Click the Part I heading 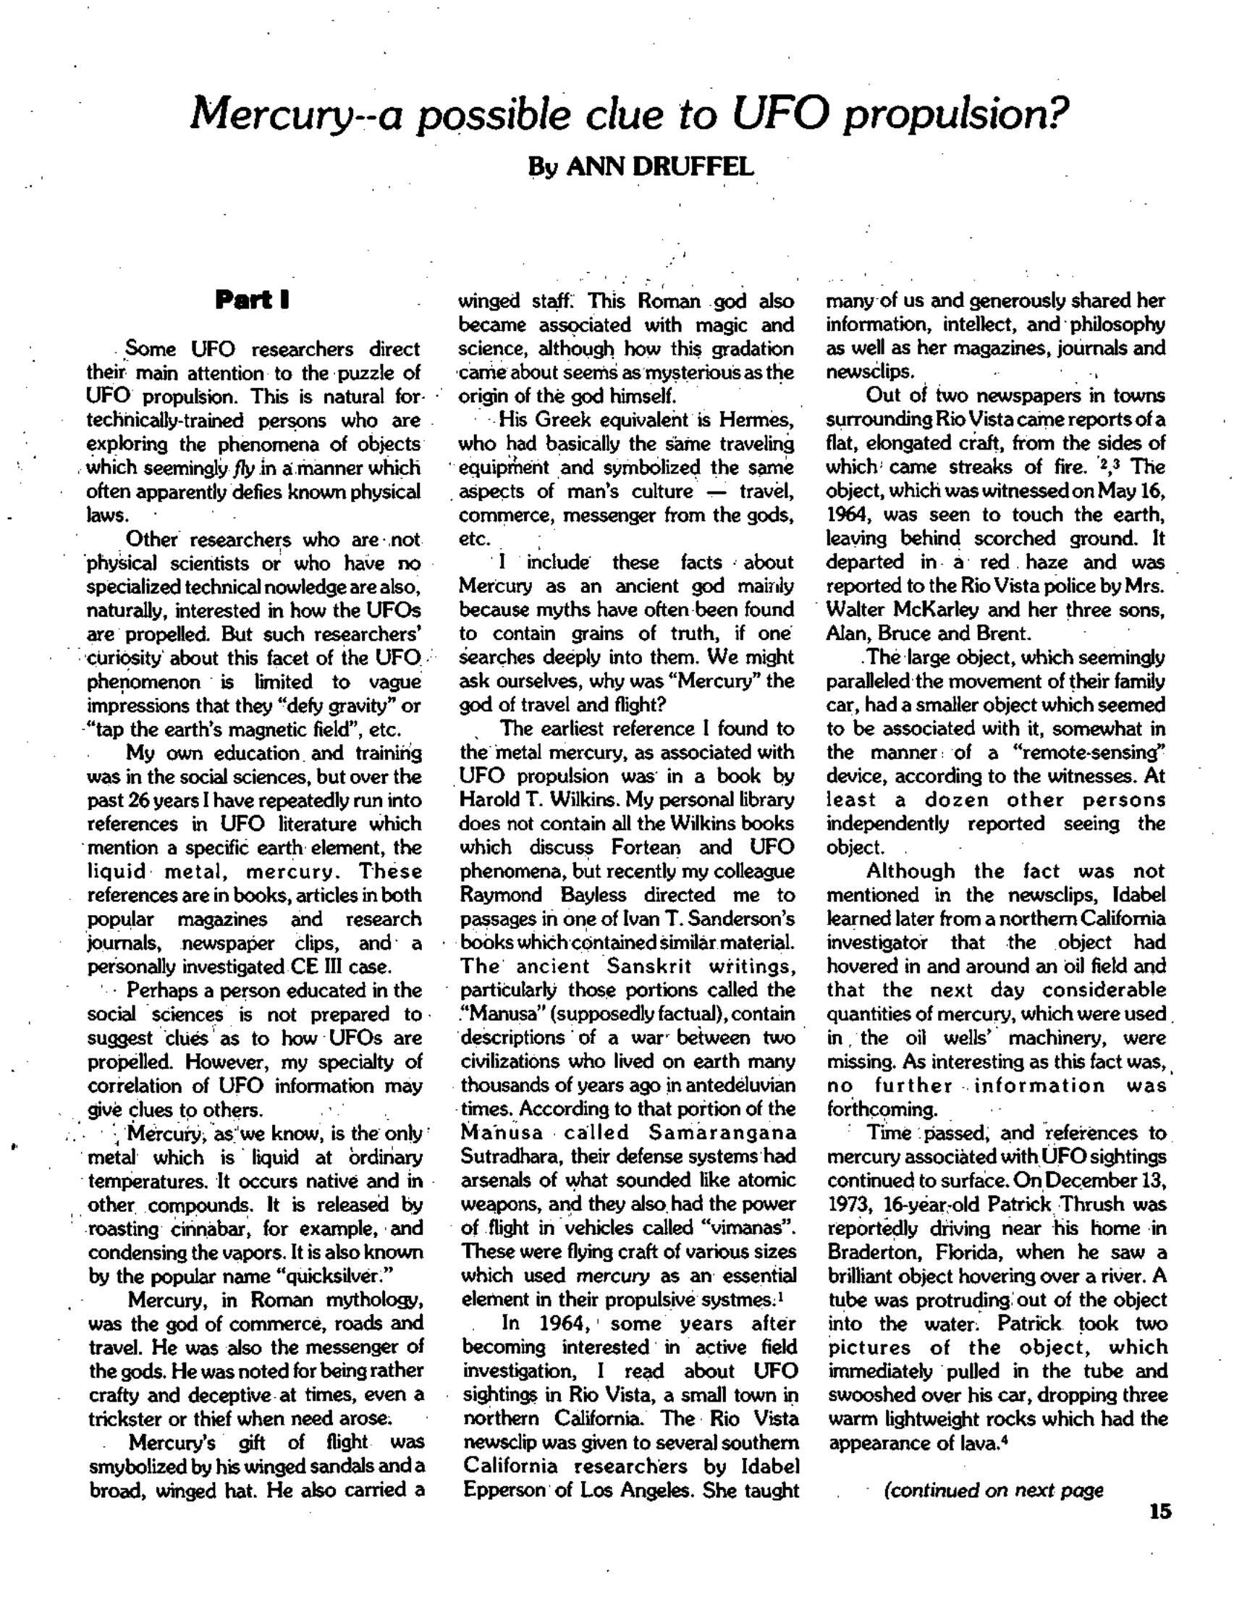pyautogui.click(x=252, y=300)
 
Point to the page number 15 pyautogui.click(x=1160, y=1512)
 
